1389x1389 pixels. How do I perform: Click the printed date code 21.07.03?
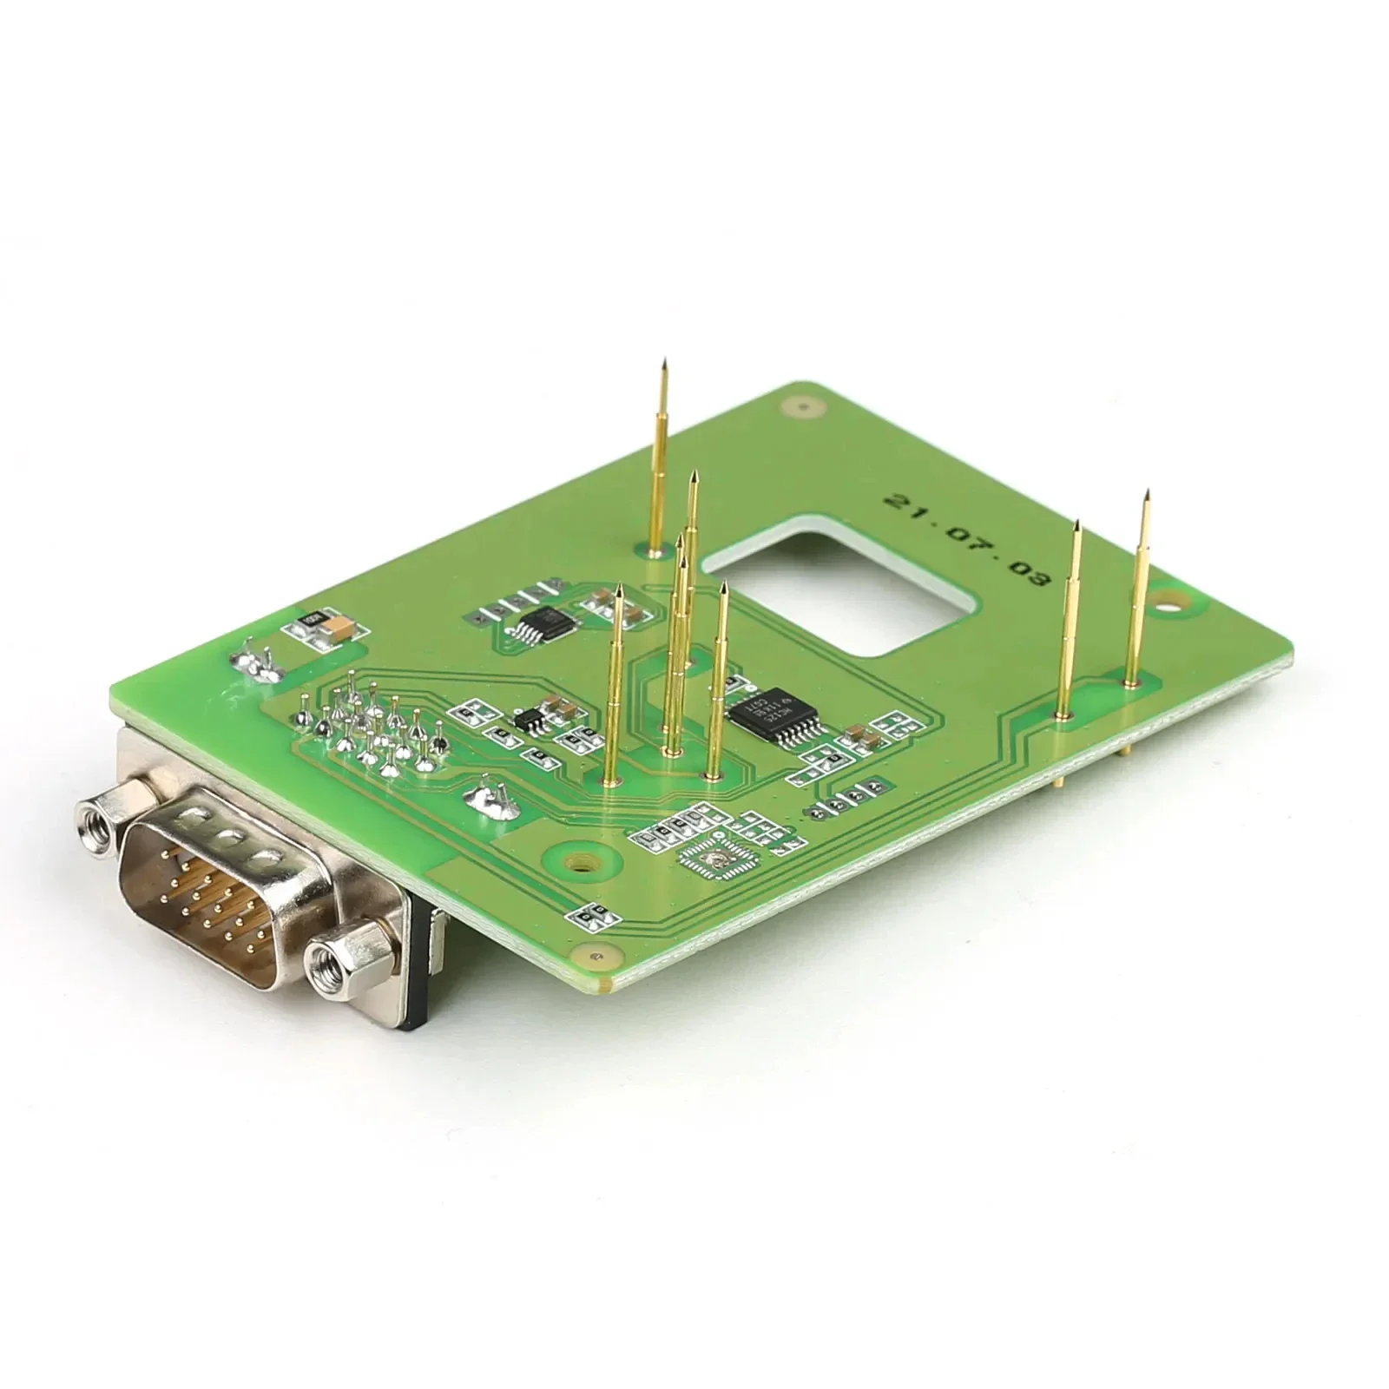[966, 539]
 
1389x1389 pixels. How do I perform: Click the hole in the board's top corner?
[802, 405]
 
